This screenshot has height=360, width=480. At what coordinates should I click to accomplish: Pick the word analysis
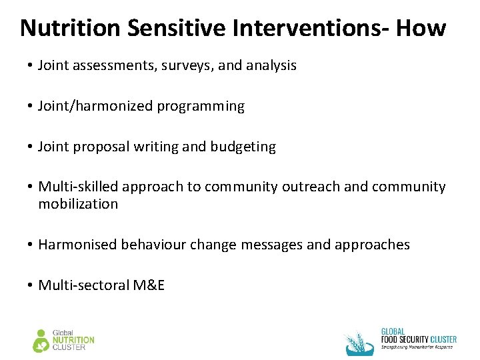coord(271,65)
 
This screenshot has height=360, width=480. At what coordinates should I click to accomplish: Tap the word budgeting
coord(243,147)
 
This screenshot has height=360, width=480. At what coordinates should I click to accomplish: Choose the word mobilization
coord(78,204)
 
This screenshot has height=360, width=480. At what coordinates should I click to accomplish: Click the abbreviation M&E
coord(149,285)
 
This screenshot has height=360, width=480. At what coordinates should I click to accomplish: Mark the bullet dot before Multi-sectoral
coord(31,286)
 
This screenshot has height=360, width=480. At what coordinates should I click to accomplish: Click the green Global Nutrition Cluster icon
coord(41,341)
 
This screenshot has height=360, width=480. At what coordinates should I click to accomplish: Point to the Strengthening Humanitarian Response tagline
coord(417,347)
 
